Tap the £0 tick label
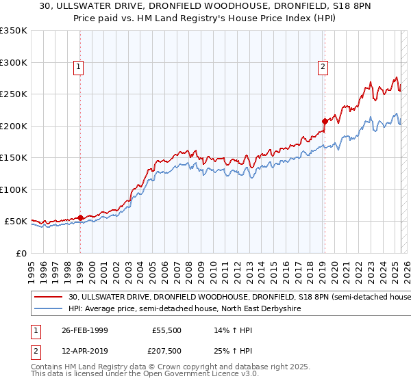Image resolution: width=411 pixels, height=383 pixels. (20, 253)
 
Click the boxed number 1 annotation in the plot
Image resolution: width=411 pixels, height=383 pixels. (79, 67)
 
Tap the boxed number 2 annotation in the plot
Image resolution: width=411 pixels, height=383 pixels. (322, 67)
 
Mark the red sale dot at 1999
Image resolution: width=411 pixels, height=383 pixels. (80, 218)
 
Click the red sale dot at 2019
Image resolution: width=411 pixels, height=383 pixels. (324, 122)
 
